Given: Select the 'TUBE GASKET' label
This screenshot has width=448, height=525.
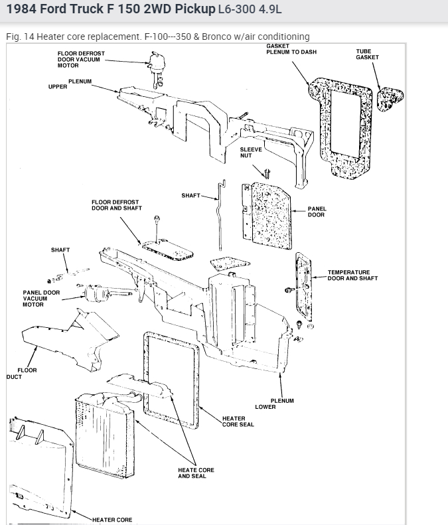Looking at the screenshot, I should click(367, 54).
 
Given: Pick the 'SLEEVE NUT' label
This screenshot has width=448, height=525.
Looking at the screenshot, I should click(251, 153).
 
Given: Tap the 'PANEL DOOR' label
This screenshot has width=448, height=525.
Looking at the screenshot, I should click(317, 212).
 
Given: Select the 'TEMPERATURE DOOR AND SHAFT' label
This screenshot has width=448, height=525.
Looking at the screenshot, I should click(352, 275).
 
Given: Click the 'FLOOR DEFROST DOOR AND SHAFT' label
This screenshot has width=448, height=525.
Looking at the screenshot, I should click(117, 204).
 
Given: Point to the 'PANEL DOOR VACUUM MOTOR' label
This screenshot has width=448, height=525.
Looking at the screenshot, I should click(40, 298).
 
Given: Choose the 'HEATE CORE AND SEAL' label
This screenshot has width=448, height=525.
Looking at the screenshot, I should click(196, 473).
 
